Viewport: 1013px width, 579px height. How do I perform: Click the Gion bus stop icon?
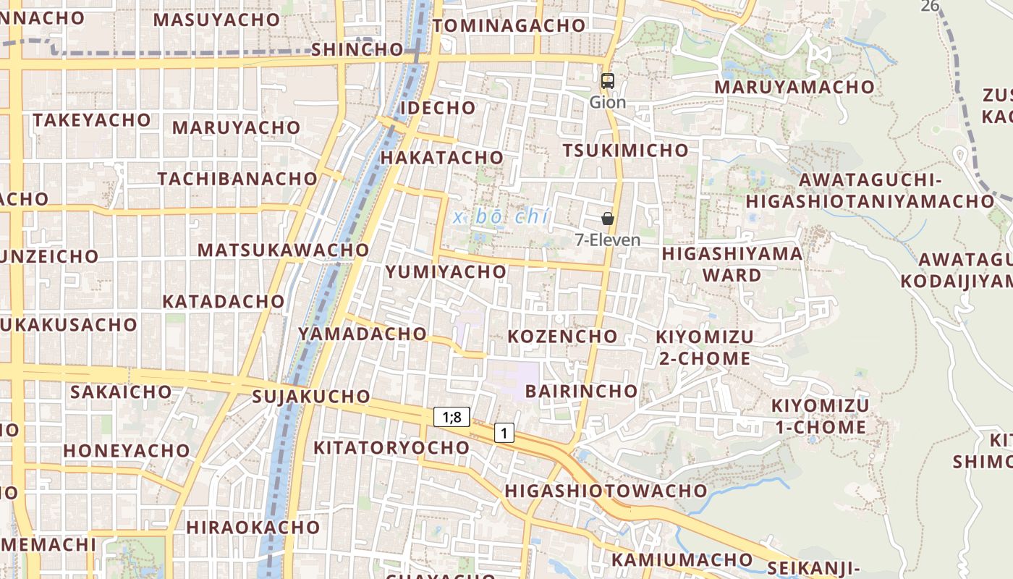click(608, 81)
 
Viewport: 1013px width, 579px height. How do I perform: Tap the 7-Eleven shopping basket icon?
click(608, 218)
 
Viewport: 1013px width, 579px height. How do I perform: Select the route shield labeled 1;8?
click(452, 417)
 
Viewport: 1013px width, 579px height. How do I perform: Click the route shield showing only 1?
click(504, 433)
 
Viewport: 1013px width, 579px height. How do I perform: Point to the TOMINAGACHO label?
click(509, 25)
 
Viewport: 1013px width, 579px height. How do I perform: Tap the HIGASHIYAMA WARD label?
click(732, 264)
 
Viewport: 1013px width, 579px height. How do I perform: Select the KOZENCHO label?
click(562, 337)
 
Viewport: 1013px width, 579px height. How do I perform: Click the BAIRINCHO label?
click(582, 392)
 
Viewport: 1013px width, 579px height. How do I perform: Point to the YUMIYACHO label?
click(446, 272)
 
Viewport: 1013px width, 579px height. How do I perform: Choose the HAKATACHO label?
click(441, 158)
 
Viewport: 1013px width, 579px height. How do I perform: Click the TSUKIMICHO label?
click(626, 151)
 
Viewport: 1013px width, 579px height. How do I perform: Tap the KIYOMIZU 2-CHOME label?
click(705, 347)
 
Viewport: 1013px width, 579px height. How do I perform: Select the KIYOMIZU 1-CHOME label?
click(820, 416)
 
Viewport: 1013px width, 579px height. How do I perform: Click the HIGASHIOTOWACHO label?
click(606, 491)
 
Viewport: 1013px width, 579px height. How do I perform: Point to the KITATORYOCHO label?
click(391, 448)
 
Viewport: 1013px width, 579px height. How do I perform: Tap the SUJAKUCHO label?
click(311, 397)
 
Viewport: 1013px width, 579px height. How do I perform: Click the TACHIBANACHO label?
click(237, 179)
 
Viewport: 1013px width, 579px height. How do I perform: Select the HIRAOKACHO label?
click(253, 527)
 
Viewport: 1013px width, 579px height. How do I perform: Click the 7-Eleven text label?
click(608, 240)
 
